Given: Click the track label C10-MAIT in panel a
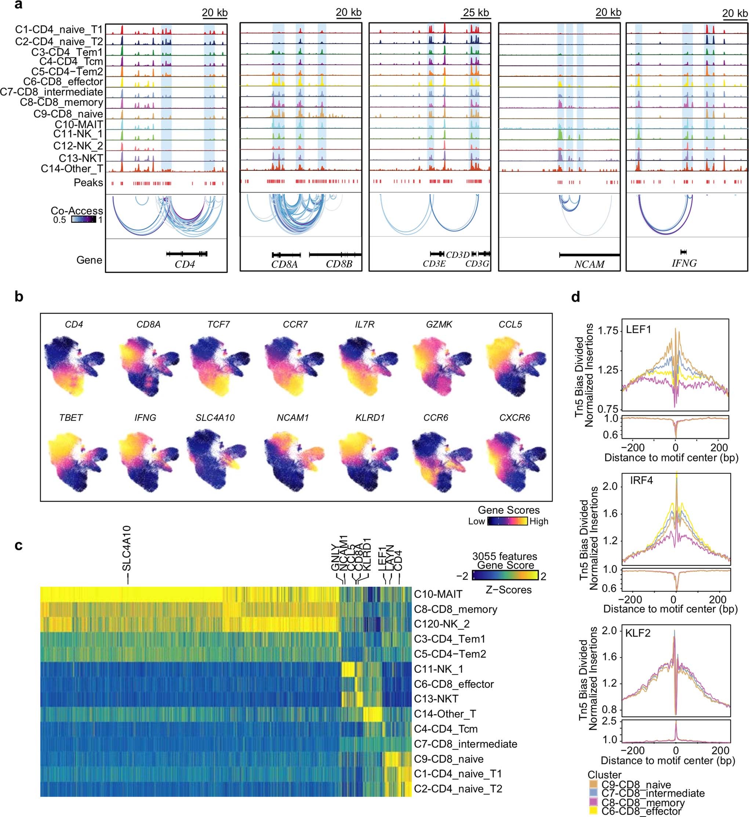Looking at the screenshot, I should coord(79,124).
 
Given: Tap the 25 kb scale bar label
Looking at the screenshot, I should coord(476,12).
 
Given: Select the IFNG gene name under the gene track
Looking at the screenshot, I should coord(684,264).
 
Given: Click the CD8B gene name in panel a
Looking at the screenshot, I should coord(339,264).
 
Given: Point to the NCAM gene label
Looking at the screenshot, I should coord(589,264).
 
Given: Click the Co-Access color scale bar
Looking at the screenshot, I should coord(84,220).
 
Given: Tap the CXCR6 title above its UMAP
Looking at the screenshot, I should coord(515,417).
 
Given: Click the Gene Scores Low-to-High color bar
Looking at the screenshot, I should coord(507,521).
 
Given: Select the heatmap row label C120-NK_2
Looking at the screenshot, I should coord(441,624).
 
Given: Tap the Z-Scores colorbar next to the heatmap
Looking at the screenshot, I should coord(505,576).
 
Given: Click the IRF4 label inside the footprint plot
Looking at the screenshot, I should coord(641,481).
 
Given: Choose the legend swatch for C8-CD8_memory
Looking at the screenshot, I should coord(594,803).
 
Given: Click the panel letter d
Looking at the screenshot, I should coord(575,297).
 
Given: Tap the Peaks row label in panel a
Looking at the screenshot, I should coord(88,183).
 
